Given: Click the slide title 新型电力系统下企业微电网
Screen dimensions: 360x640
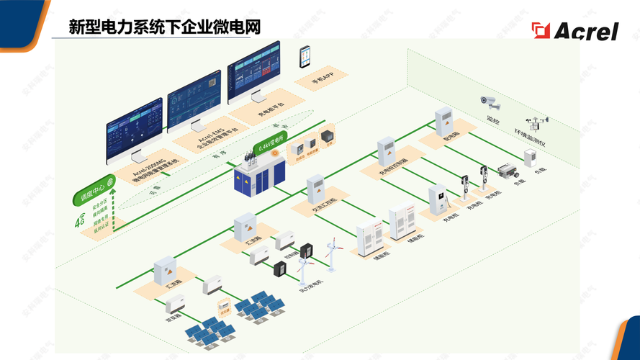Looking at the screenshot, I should (x=164, y=27).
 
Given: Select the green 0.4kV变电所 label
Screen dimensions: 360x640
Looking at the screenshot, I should (x=271, y=143).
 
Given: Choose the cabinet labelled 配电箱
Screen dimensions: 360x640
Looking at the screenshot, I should (x=444, y=122).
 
